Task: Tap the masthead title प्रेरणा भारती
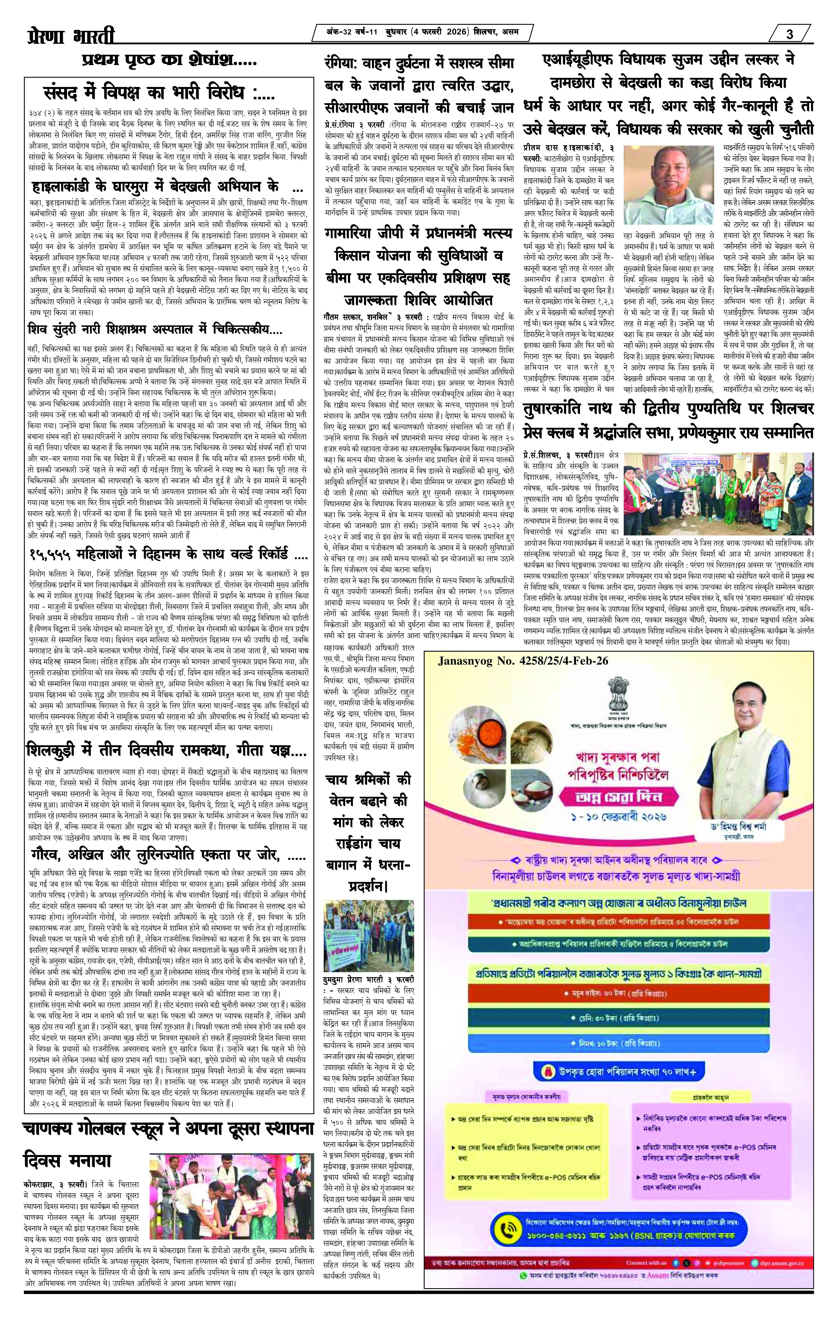pyautogui.click(x=71, y=37)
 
